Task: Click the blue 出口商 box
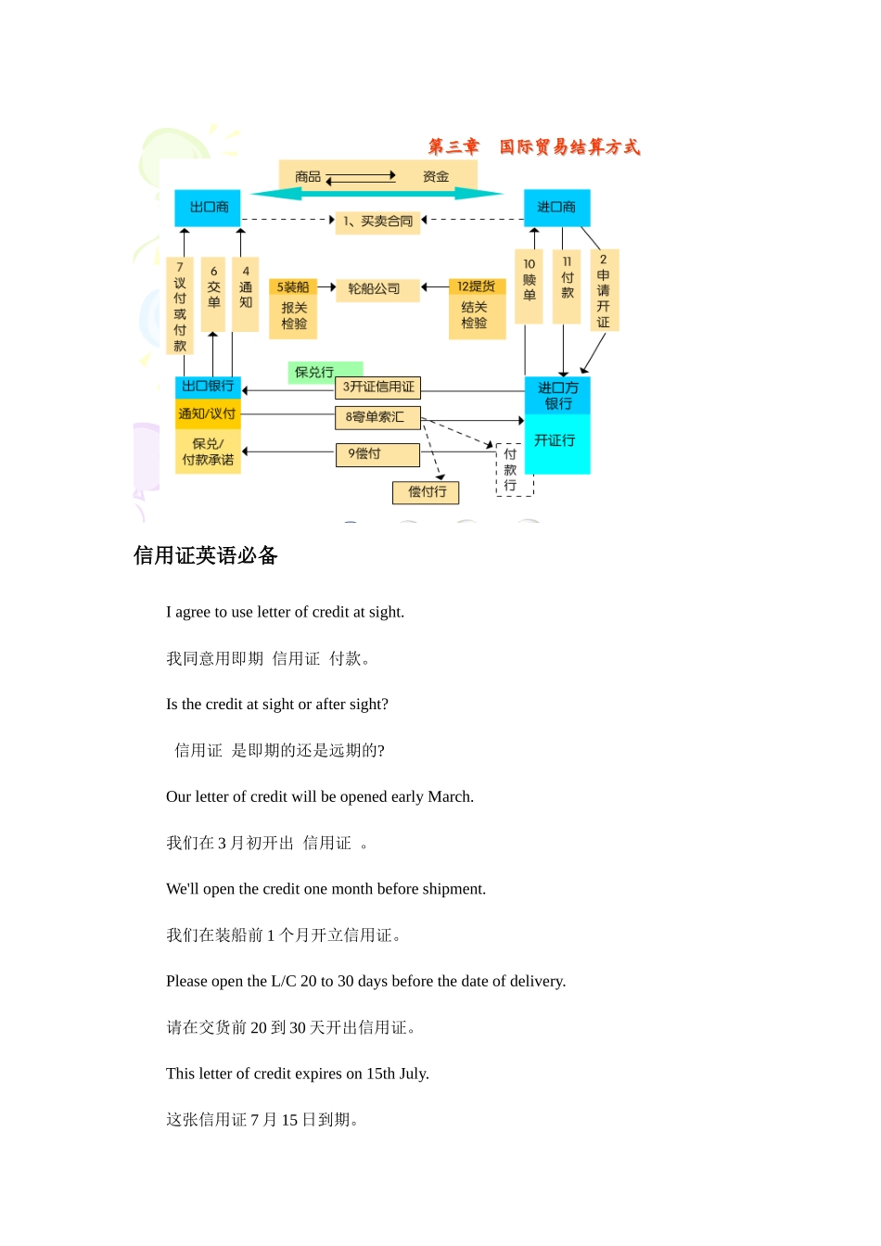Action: [x=208, y=208]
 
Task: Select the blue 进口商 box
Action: [x=556, y=208]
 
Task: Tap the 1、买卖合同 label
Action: [x=378, y=222]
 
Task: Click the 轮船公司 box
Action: [x=375, y=289]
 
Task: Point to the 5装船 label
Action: [x=293, y=287]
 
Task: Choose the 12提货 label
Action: [x=477, y=287]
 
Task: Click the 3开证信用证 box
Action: [x=378, y=388]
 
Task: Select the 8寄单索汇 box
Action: [x=377, y=418]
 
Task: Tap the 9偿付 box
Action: [x=377, y=454]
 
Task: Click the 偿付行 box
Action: [x=427, y=492]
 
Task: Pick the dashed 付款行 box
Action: [x=511, y=470]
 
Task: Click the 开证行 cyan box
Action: [x=556, y=441]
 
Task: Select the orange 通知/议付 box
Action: [x=208, y=414]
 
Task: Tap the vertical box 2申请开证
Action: [x=604, y=290]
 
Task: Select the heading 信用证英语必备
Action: [x=206, y=556]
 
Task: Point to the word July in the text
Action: [x=414, y=1074]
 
